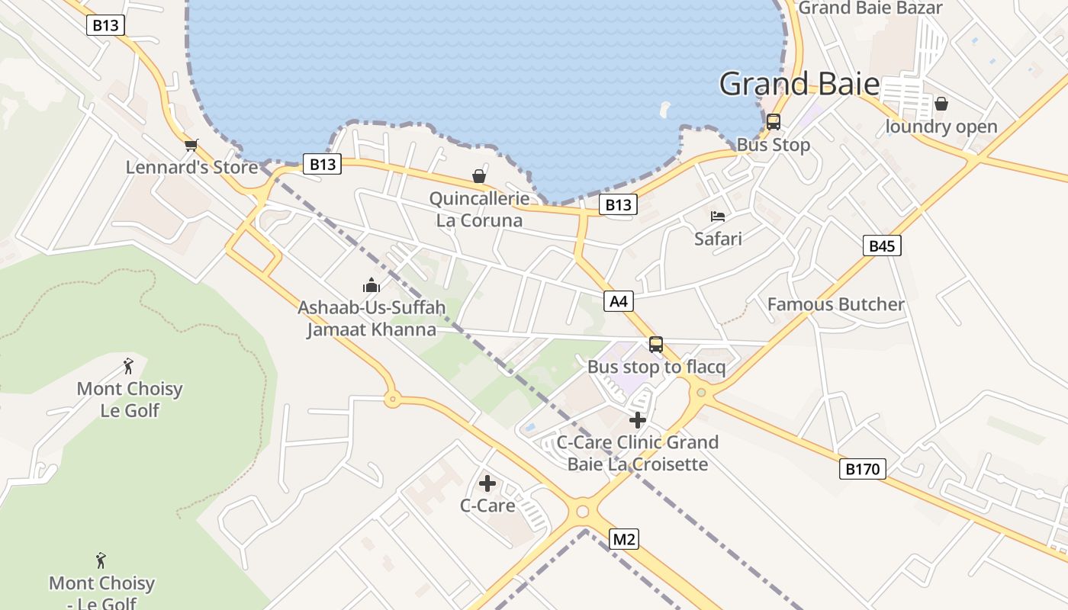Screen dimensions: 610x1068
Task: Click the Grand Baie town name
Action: tap(799, 84)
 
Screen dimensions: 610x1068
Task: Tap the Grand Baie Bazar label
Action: tap(870, 8)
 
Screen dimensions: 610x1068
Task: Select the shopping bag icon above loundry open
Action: tap(941, 104)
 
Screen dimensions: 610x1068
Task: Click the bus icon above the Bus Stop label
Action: tap(773, 122)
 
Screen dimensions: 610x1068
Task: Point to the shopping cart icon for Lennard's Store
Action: tap(191, 145)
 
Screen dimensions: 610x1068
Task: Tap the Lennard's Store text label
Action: tap(192, 167)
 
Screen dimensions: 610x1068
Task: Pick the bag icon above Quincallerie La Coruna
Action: tap(479, 177)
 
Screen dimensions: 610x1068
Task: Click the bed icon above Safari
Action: tap(718, 217)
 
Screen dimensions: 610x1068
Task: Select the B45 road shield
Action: tap(882, 246)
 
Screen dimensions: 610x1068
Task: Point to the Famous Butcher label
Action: tap(835, 304)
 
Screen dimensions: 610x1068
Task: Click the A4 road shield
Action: tap(619, 301)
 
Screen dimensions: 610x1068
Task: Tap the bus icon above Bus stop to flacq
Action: tap(656, 345)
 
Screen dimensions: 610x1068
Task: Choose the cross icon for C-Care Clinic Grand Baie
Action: tap(638, 420)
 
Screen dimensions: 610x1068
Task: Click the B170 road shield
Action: tap(863, 469)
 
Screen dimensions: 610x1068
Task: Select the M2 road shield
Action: tap(624, 540)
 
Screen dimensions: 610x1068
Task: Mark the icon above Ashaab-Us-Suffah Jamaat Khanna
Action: tap(372, 286)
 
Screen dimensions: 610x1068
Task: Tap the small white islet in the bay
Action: tap(664, 109)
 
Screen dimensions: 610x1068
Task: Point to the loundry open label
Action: tap(941, 127)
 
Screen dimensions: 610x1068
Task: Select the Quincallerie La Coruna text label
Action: tap(479, 210)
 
